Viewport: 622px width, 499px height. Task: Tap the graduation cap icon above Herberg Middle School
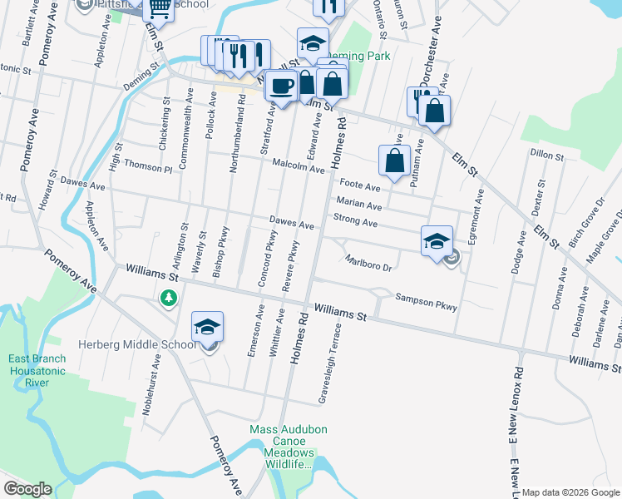(208, 326)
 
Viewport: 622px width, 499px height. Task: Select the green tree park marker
(169, 297)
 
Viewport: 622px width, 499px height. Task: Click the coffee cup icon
(283, 86)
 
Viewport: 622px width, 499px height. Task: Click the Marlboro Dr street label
(368, 262)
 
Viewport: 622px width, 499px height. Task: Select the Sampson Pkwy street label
(426, 302)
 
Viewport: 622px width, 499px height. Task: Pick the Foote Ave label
(359, 185)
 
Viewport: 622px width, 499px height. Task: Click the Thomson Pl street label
(149, 168)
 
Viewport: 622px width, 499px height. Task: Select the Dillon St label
(546, 154)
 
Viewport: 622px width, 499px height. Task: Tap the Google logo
(27, 488)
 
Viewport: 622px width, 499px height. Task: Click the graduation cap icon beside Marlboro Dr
(437, 241)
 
